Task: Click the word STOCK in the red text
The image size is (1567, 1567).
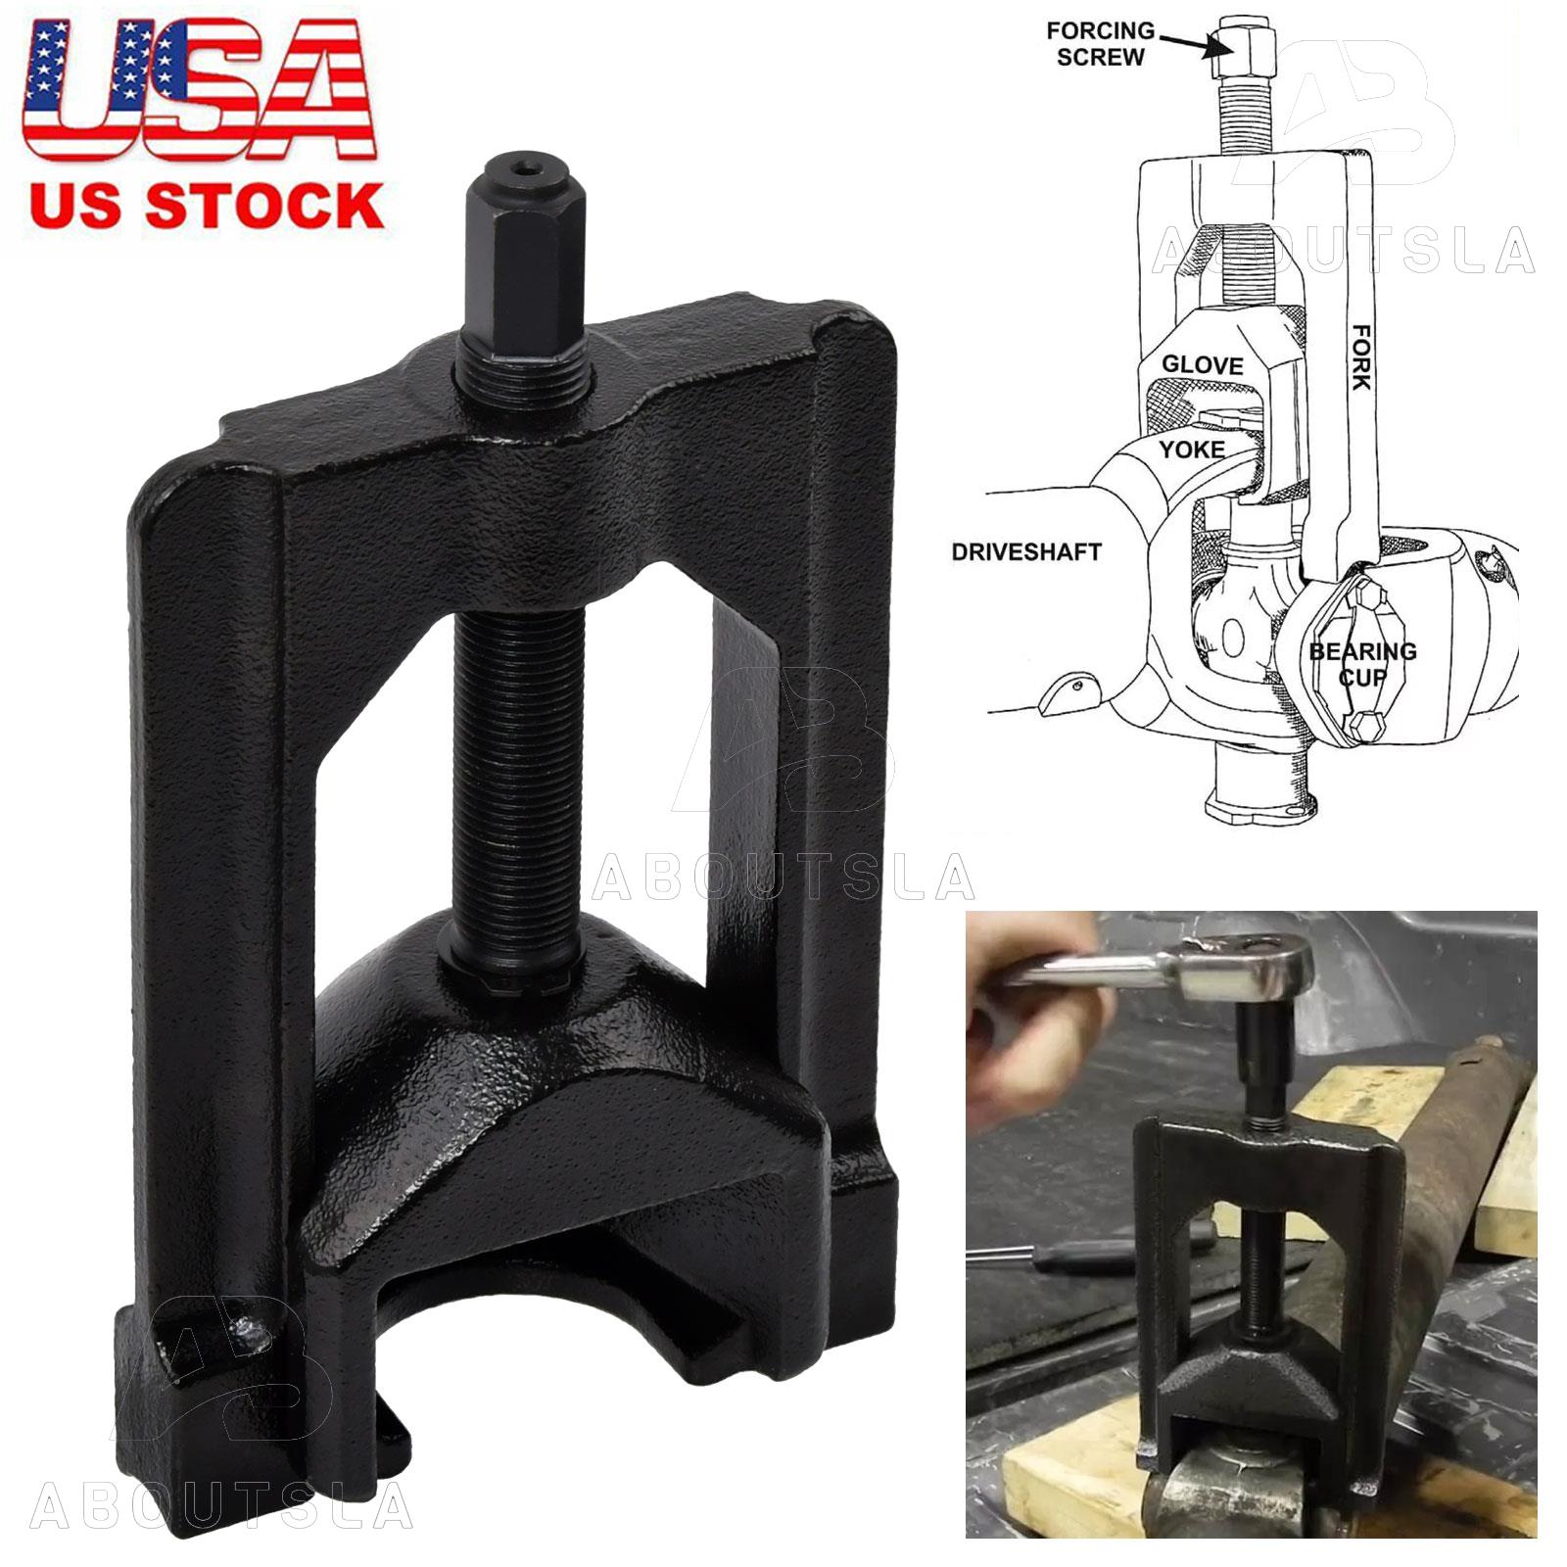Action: pyautogui.click(x=264, y=206)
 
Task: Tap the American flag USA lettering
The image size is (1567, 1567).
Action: pyautogui.click(x=200, y=90)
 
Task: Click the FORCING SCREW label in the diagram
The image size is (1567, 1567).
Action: pyautogui.click(x=1100, y=44)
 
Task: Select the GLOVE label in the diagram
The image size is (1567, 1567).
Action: pyautogui.click(x=1202, y=365)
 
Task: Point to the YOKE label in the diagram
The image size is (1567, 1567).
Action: pyautogui.click(x=1192, y=450)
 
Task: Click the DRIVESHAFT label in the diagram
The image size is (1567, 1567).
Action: pyautogui.click(x=1026, y=551)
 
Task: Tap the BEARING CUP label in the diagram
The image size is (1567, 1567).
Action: pyautogui.click(x=1362, y=664)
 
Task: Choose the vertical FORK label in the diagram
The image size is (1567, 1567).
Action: pyautogui.click(x=1361, y=356)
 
